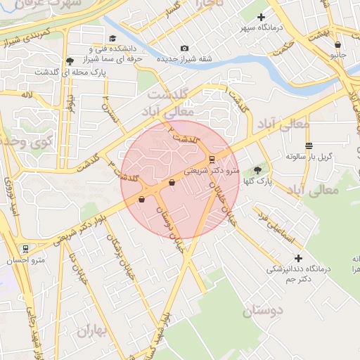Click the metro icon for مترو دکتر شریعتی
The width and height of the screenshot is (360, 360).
click(x=212, y=159)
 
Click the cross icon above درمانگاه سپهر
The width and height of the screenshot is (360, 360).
click(x=262, y=17)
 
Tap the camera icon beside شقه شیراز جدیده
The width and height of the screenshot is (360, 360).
click(x=184, y=48)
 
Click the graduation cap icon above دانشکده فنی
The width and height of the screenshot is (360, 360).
click(x=112, y=39)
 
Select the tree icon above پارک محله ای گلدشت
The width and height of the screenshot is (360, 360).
click(x=70, y=60)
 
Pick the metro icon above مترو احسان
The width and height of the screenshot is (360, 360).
click(x=25, y=248)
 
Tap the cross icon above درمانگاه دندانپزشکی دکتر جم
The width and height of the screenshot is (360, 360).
click(x=299, y=259)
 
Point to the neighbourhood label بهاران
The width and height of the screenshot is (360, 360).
click(x=91, y=330)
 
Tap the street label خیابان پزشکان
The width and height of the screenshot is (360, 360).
click(x=116, y=252)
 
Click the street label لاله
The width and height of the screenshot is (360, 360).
click(x=27, y=94)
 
